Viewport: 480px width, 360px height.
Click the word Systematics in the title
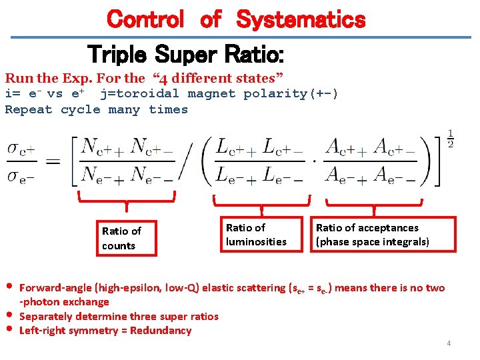click(x=301, y=19)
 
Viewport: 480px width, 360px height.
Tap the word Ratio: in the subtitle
click(x=253, y=53)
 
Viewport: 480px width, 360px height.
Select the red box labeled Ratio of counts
click(x=125, y=239)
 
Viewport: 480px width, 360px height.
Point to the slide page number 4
click(x=449, y=343)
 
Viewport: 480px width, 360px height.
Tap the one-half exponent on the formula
click(x=450, y=139)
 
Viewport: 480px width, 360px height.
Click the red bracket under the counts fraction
click(x=127, y=199)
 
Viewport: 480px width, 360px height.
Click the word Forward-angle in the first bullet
click(x=56, y=288)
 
